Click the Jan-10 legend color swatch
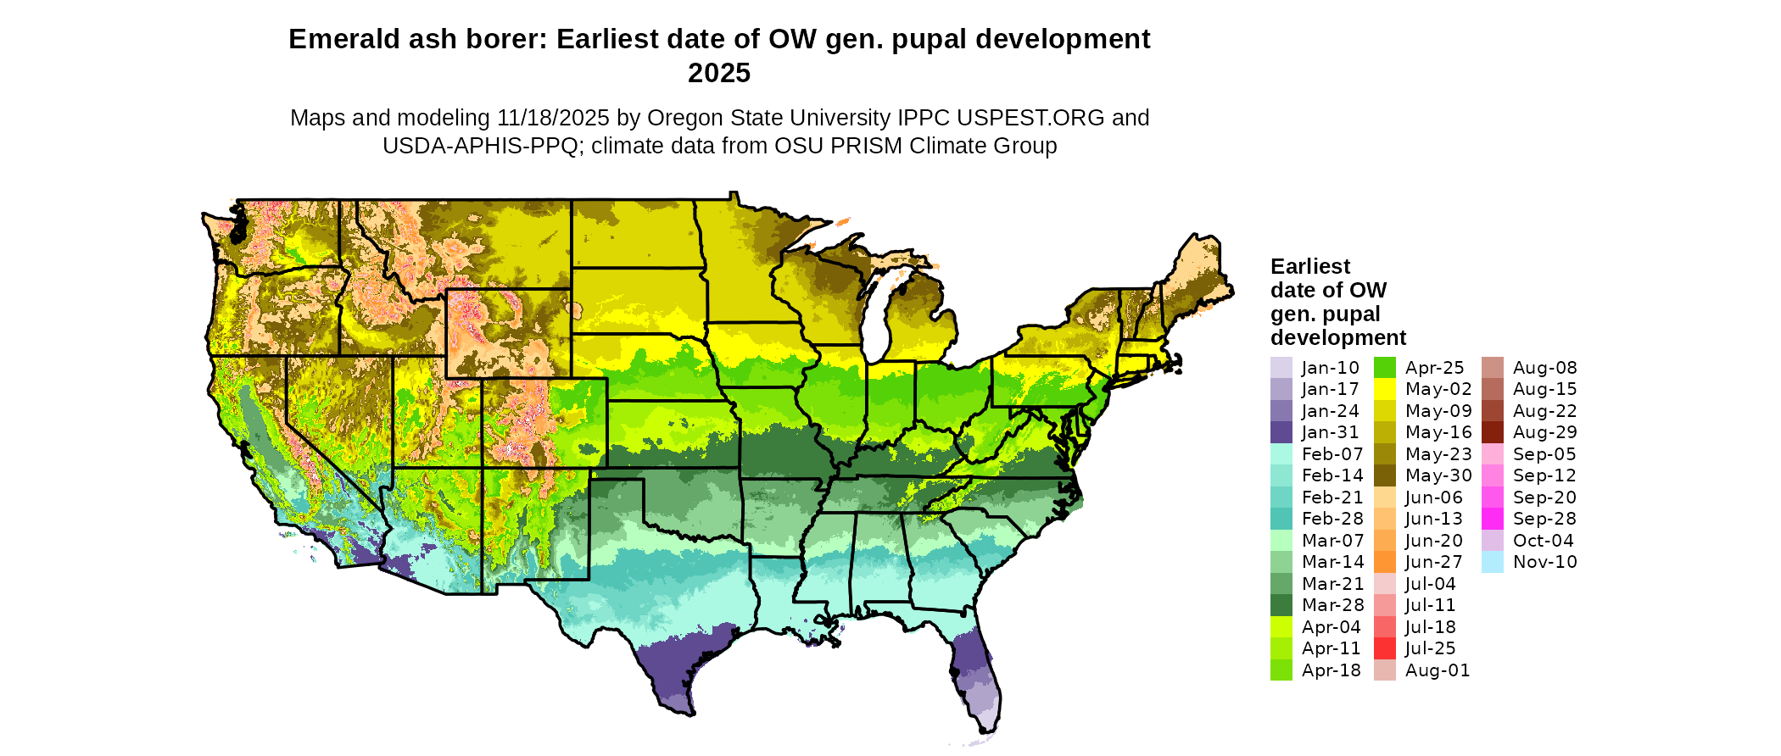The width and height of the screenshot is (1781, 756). tap(1281, 368)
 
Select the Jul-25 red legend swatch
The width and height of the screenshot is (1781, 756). tap(1384, 648)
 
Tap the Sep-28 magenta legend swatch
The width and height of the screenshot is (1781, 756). tap(1492, 519)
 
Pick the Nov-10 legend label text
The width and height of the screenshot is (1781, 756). tap(1544, 562)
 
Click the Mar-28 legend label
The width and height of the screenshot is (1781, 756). tap(1332, 605)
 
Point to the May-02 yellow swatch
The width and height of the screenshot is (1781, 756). tap(1384, 389)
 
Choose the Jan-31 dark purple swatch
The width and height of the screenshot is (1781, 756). tap(1281, 432)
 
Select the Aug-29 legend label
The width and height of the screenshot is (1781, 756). tap(1544, 432)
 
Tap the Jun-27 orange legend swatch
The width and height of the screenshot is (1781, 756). tap(1384, 562)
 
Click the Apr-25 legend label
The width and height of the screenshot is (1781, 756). tap(1434, 368)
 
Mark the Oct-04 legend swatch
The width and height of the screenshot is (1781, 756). tap(1492, 541)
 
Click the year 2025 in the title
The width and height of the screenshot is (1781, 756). tap(719, 73)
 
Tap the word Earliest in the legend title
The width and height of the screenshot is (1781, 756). tap(1309, 266)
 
